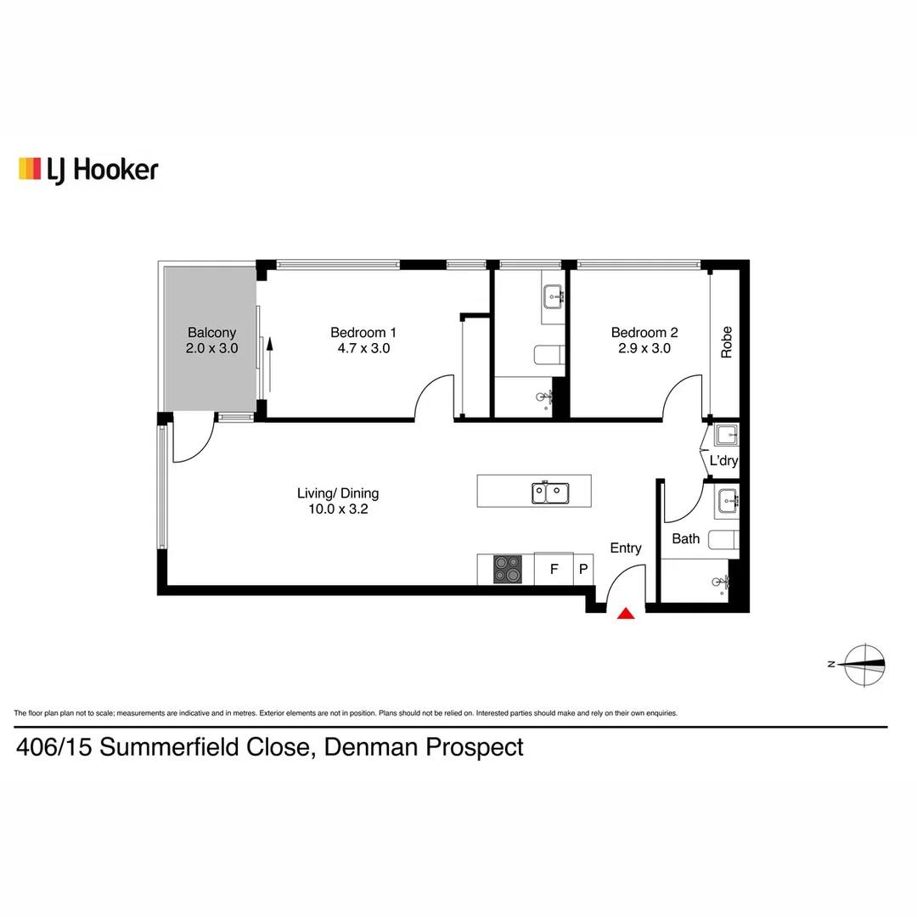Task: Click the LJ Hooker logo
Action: (x=88, y=170)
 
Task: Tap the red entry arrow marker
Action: (x=626, y=613)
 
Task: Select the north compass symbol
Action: (x=864, y=664)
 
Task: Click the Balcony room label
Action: (x=211, y=333)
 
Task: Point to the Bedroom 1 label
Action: (x=363, y=333)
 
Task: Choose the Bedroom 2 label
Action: (x=644, y=333)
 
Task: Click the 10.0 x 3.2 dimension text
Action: (x=337, y=509)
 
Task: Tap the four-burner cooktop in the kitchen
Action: (x=508, y=569)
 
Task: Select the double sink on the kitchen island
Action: (x=550, y=492)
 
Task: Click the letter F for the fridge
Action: (x=554, y=570)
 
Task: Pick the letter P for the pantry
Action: (x=583, y=570)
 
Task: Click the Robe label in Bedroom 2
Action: (x=726, y=342)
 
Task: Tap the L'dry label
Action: (x=723, y=461)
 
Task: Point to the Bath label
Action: (x=686, y=538)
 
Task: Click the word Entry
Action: (x=626, y=549)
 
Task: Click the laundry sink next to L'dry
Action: (x=727, y=436)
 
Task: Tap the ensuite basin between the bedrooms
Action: (x=554, y=295)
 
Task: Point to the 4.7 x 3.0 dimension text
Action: (x=363, y=348)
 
